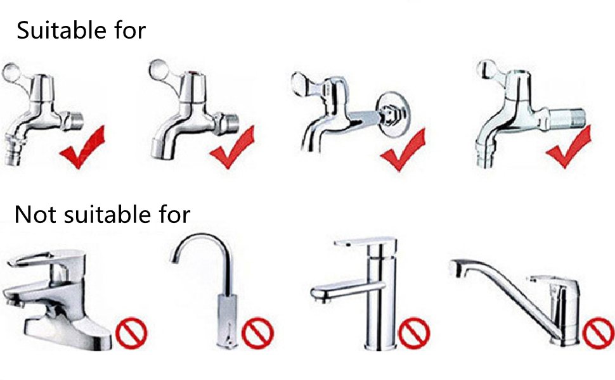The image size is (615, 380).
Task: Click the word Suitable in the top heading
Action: click(x=61, y=30)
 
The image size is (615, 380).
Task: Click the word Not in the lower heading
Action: click(x=35, y=214)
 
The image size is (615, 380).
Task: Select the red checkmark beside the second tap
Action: click(x=232, y=148)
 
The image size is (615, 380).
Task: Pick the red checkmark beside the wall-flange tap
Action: click(x=403, y=150)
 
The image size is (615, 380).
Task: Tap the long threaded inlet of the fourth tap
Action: click(x=567, y=118)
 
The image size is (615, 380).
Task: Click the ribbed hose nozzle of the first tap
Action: click(x=14, y=149)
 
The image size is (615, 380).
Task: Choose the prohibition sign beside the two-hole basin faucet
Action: click(x=131, y=333)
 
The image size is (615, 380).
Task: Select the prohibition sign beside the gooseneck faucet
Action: click(x=257, y=333)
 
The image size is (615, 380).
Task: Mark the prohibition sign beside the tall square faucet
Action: click(x=414, y=333)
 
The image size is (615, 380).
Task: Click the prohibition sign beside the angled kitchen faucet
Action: click(x=599, y=333)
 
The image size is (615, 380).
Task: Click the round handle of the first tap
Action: click(x=11, y=72)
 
